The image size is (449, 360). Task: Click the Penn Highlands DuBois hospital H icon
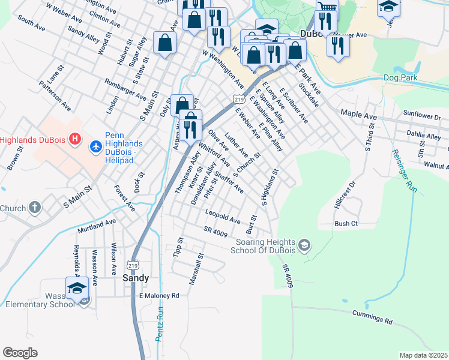(75, 140)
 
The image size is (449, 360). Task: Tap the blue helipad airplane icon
(95, 146)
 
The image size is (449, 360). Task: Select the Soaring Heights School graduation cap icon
(305, 244)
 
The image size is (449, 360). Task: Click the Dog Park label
(400, 77)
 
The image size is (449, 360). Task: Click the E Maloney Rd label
(159, 296)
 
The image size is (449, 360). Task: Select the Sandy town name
(136, 278)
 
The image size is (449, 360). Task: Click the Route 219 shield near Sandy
(133, 263)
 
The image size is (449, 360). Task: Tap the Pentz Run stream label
(160, 324)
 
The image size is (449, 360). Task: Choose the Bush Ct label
(346, 224)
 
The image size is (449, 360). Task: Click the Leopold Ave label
(223, 217)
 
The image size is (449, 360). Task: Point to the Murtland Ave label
(96, 226)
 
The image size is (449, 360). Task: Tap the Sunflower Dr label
(418, 115)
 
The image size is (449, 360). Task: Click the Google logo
(20, 353)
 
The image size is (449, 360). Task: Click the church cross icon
(35, 208)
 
